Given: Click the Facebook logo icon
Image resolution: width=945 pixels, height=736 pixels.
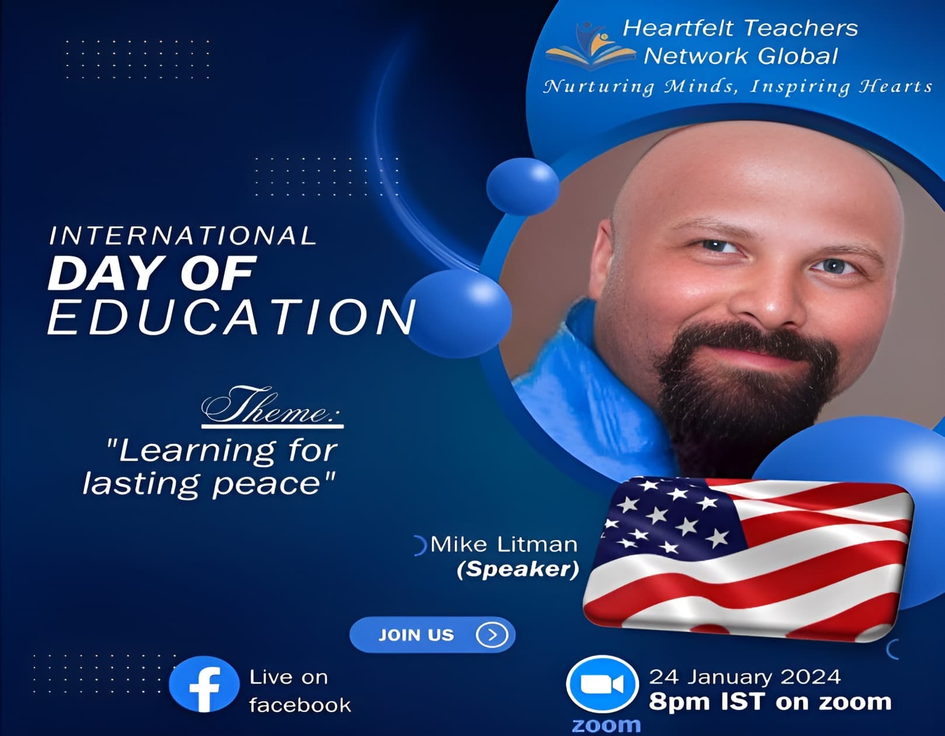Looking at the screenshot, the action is tap(204, 684).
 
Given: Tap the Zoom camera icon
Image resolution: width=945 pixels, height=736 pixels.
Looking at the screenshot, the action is tap(602, 684).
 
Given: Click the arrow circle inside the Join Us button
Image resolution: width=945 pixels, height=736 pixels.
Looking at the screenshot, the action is tap(492, 635).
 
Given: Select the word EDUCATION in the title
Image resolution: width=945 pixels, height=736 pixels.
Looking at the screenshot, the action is tap(231, 317).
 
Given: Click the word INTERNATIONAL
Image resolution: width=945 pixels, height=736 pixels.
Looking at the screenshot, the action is tap(183, 235).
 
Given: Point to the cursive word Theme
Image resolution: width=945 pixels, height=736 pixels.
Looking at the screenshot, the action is tap(272, 406).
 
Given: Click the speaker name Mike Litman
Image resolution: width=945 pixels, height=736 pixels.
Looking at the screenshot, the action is tap(503, 545).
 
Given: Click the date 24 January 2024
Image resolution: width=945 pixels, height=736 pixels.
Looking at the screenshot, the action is tap(745, 677).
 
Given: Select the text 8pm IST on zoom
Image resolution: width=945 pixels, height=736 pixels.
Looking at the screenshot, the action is tap(770, 702).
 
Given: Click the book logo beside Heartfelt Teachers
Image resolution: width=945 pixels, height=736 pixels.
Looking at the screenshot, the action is tap(590, 46).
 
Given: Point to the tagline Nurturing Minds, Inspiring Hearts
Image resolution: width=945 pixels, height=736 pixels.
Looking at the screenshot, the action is tap(738, 86).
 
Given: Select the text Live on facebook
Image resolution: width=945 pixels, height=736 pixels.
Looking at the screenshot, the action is tap(300, 691).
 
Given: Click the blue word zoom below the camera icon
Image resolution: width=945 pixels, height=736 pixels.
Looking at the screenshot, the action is tap(606, 725).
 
